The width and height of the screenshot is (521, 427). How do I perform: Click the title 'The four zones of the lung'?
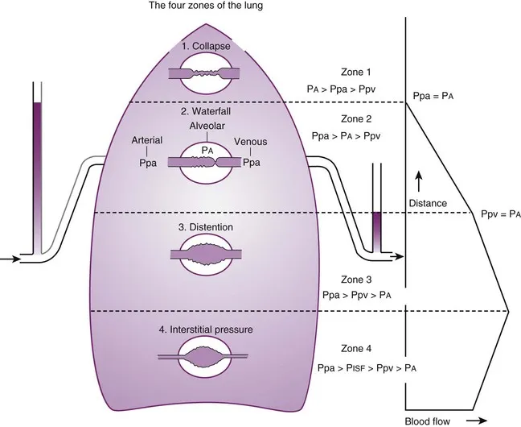coord(205,7)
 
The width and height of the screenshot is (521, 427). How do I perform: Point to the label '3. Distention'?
coord(207,227)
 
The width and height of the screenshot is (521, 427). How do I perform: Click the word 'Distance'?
coord(428,204)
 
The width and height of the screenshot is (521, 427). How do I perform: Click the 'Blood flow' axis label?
coord(425,419)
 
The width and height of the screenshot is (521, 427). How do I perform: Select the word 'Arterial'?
coord(147,139)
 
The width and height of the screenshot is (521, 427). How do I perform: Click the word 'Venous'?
coord(252,139)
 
